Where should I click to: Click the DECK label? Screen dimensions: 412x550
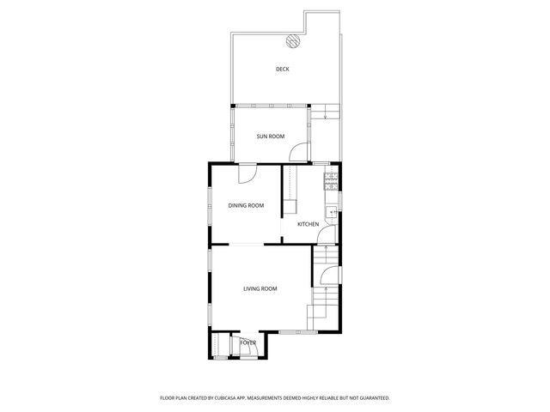click(x=282, y=70)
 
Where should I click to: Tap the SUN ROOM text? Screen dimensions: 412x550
click(x=271, y=136)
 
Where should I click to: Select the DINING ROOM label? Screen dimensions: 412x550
click(x=246, y=205)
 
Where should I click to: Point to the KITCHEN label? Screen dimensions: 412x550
click(x=309, y=225)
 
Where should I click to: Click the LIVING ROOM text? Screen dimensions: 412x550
click(x=260, y=288)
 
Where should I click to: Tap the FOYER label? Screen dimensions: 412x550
click(x=248, y=343)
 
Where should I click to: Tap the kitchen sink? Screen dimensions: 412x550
click(x=330, y=212)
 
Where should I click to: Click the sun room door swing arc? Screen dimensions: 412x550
click(x=298, y=153)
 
